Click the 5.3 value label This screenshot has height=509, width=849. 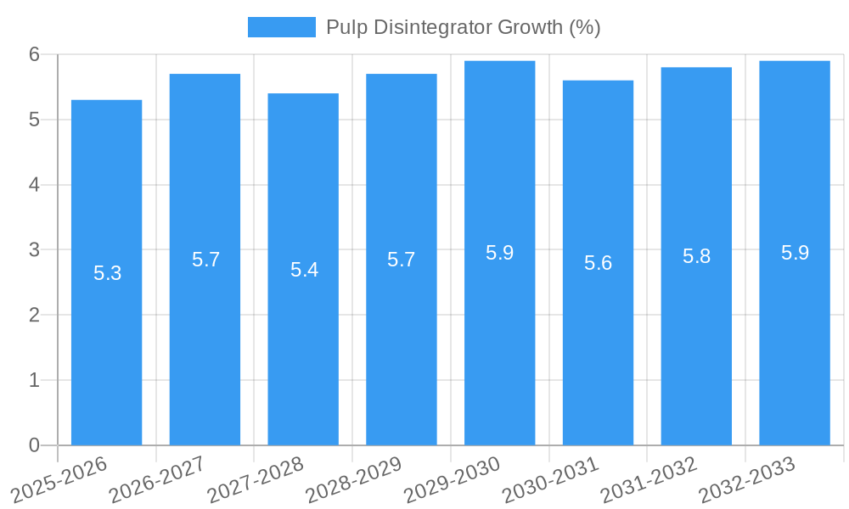pos(107,273)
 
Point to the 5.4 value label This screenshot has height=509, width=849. pos(304,270)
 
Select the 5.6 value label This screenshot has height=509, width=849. pos(598,263)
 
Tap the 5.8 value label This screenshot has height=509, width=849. pos(696,256)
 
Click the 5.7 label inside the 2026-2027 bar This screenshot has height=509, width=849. pos(205,260)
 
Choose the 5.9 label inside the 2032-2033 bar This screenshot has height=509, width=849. pos(795,253)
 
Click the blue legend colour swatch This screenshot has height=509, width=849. pos(281,27)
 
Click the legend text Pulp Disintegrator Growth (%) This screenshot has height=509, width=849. pos(463,27)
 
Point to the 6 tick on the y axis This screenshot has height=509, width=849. pos(35,54)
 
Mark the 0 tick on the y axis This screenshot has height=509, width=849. pos(35,445)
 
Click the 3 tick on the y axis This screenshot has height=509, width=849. pos(35,249)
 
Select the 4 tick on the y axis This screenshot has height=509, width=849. pos(35,184)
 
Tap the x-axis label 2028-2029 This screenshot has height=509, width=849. pos(355,479)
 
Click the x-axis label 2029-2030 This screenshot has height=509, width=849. pos(453,479)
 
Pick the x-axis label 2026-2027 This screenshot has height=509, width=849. pos(158,479)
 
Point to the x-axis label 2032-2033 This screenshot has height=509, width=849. pos(748,479)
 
